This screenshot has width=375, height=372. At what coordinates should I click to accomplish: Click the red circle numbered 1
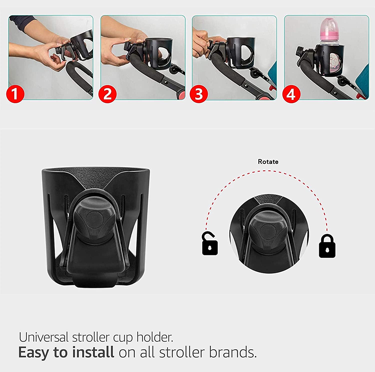point(15,94)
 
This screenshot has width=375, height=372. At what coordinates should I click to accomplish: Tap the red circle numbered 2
point(107,94)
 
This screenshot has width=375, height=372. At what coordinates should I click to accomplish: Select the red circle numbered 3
point(199,94)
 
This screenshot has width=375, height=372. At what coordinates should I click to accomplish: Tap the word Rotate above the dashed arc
point(268,162)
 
